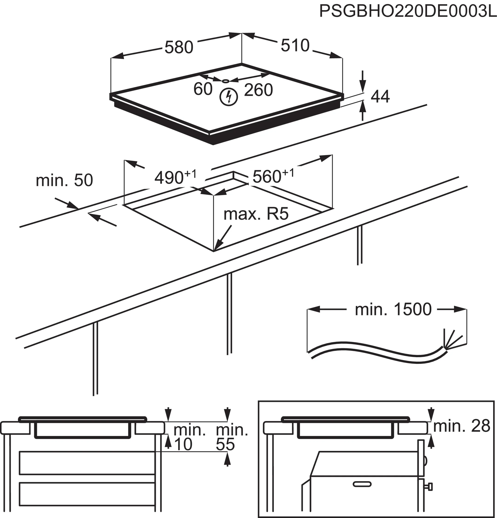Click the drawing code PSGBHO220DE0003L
(x=408, y=11)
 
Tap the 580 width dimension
(x=179, y=48)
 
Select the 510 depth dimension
(x=295, y=45)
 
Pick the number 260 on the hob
(x=258, y=90)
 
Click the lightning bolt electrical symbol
(x=229, y=97)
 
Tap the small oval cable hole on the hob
(x=226, y=81)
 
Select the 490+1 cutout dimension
(x=175, y=177)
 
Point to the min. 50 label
(x=64, y=180)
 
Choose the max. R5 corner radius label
(x=256, y=214)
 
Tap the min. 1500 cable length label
(x=393, y=309)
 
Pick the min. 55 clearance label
(x=231, y=437)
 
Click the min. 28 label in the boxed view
(x=461, y=426)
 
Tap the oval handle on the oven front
(x=362, y=484)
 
